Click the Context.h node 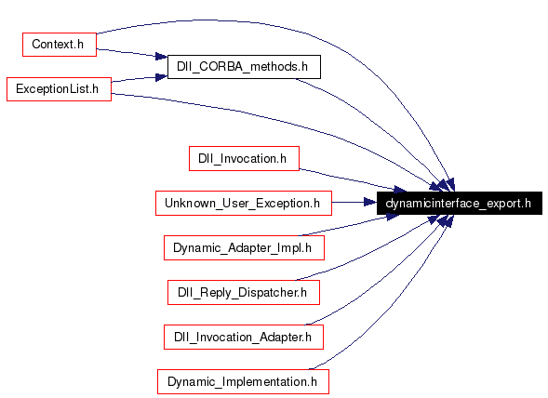pos(60,45)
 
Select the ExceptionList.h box pos(59,89)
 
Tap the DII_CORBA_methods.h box pos(244,67)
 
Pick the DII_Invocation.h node pos(244,159)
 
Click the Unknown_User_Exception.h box pos(244,203)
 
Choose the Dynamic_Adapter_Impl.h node pos(244,247)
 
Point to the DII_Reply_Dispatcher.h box pos(244,293)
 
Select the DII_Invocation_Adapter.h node pos(244,337)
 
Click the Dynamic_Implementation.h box pos(243,381)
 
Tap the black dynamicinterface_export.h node pos(460,203)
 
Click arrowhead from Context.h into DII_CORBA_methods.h pos(162,56)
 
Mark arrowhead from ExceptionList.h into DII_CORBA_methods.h pos(162,77)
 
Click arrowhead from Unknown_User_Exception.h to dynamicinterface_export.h pos(370,202)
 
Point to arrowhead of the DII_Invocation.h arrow pos(400,190)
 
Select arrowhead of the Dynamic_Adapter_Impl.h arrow pos(393,217)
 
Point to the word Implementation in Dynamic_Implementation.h pos(265,381)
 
